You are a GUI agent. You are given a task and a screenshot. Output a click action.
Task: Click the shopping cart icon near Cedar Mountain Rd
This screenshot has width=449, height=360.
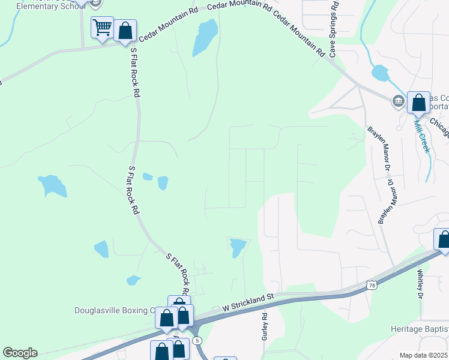click(x=102, y=27)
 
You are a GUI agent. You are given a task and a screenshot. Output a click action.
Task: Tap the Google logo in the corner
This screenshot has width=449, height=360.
click(x=20, y=353)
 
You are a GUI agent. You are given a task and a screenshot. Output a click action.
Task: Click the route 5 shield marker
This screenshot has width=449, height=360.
click(x=197, y=340)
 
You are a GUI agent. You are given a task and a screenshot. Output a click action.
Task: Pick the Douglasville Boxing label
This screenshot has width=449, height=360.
click(x=114, y=310)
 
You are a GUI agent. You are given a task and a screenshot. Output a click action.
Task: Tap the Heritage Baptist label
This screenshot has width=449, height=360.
click(x=419, y=329)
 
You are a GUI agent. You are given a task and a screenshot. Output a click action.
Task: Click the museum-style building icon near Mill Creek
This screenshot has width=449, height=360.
click(x=397, y=101)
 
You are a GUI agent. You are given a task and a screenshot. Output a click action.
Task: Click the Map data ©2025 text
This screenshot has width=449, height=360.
click(x=423, y=355)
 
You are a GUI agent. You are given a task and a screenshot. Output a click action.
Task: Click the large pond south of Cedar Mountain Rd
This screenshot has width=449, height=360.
click(x=205, y=37)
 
